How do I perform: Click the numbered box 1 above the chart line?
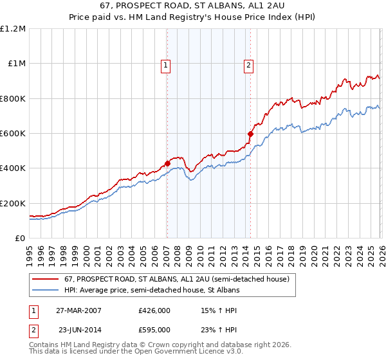(x=166, y=64)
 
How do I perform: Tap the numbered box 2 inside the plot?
(x=248, y=64)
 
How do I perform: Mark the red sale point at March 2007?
(x=167, y=163)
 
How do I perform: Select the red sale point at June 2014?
(x=250, y=134)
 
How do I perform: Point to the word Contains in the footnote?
(x=44, y=346)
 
